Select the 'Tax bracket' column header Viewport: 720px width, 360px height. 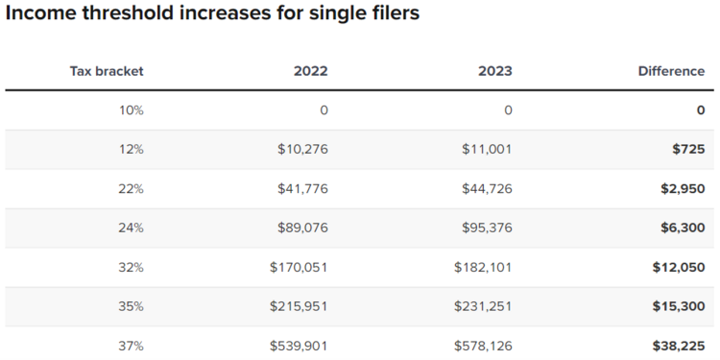coord(107,71)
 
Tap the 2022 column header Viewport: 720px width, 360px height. coord(311,71)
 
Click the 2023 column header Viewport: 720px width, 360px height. coord(495,71)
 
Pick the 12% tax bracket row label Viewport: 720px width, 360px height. coord(131,149)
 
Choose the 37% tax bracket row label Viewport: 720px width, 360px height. coord(131,346)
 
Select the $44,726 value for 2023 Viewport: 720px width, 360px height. coord(487,188)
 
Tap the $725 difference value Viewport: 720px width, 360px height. coord(689,149)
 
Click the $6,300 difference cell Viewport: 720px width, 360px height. coord(683,228)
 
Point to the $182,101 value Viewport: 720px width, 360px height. coord(483,267)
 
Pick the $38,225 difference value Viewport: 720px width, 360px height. coord(679,346)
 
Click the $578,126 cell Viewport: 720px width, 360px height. coord(483,346)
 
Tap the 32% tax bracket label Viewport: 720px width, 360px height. coord(131,267)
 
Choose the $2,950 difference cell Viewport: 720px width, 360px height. coord(683,188)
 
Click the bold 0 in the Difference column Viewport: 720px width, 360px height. coord(701,110)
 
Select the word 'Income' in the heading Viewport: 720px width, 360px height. coord(39,15)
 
